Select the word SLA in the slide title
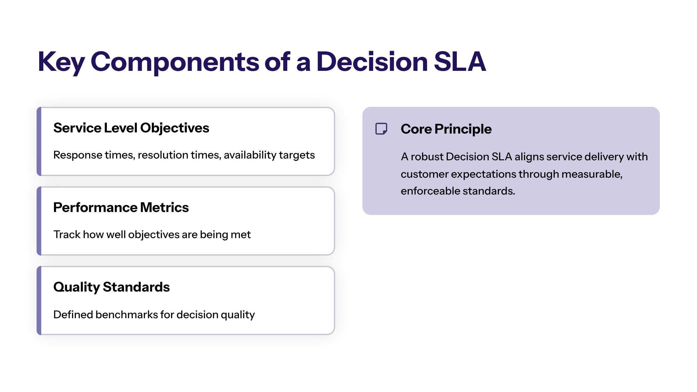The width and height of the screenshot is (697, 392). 460,61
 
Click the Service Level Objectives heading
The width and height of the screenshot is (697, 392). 131,128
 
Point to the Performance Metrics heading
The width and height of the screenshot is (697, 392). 121,207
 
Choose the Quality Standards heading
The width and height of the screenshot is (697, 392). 112,287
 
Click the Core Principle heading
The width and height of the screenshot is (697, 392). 446,129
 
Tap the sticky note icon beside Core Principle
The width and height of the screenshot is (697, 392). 381,129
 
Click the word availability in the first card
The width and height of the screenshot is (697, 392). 250,155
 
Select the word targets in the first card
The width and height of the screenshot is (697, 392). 297,155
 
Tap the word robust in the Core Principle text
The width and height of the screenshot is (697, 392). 427,157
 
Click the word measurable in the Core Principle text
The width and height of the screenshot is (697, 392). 592,174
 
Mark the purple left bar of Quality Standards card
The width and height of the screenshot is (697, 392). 39,301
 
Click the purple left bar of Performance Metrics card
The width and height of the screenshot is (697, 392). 39,221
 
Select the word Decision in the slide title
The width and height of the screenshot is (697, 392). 372,61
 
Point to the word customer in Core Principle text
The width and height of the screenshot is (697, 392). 425,174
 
